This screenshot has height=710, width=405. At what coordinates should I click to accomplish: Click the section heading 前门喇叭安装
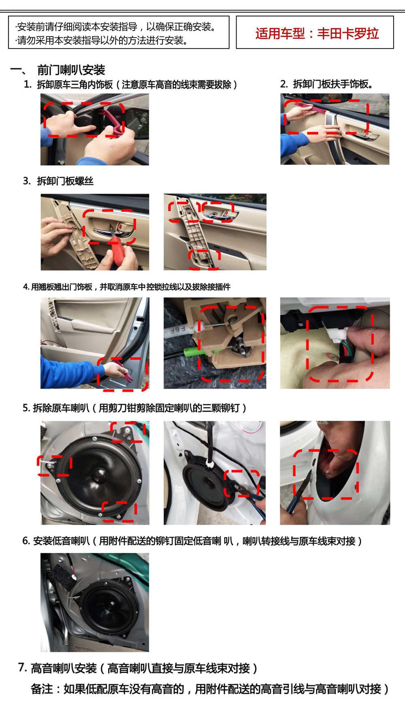[71, 70]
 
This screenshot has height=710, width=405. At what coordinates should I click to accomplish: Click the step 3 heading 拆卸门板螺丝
[65, 181]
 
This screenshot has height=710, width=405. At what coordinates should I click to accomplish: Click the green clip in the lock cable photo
[190, 350]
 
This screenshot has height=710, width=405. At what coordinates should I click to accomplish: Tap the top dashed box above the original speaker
[128, 432]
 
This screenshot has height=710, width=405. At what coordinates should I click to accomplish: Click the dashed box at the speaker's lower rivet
[119, 511]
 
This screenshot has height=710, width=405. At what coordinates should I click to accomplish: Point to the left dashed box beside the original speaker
[54, 466]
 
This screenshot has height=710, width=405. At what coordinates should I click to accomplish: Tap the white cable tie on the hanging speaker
[210, 462]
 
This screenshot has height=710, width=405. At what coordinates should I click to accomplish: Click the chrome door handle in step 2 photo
[362, 136]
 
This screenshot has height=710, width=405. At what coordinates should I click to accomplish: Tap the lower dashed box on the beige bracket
[205, 259]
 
